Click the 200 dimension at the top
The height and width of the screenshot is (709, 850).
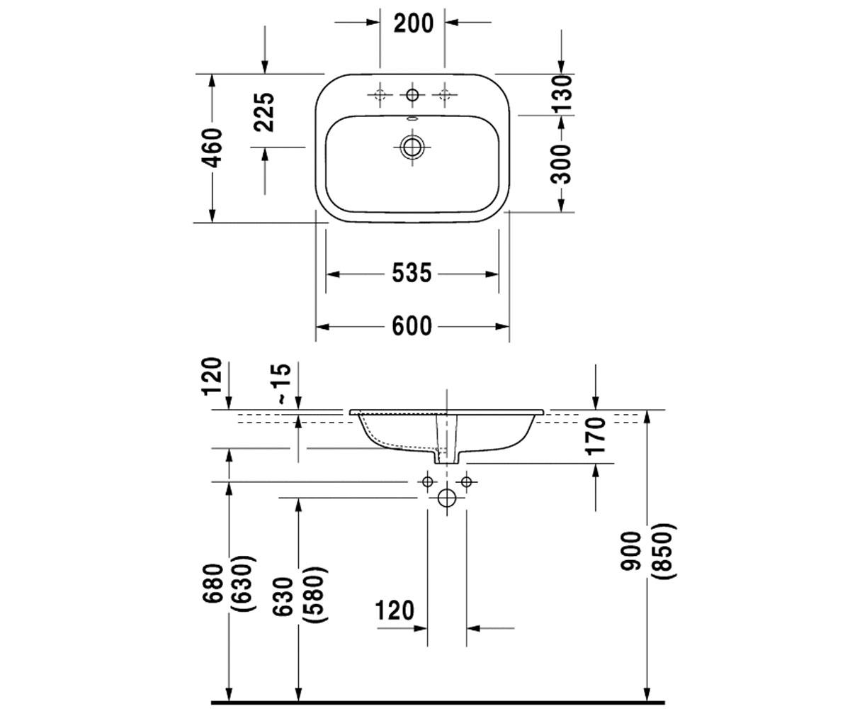(413, 23)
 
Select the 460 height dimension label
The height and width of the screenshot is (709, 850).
(212, 148)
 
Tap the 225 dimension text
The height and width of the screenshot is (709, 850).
(263, 112)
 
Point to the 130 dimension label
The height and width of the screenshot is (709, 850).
(562, 94)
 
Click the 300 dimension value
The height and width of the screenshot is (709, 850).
(562, 164)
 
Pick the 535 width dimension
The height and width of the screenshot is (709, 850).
(412, 273)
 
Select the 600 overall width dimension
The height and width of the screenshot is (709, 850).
(412, 326)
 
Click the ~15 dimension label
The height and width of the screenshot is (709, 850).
(284, 384)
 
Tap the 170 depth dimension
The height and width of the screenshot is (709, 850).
(595, 435)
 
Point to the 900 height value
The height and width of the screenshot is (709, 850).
(630, 550)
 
